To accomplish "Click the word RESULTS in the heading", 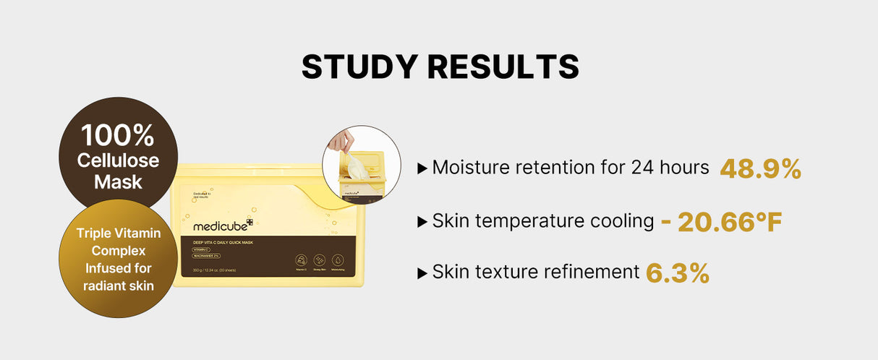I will [x=503, y=67].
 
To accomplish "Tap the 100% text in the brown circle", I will [x=117, y=136].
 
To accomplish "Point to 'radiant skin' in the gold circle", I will [x=118, y=286].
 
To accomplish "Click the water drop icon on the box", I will [x=337, y=260].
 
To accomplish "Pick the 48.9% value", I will [x=760, y=168].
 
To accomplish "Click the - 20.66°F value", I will [x=721, y=221].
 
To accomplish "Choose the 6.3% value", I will [x=677, y=273].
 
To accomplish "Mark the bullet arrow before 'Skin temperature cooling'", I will [x=422, y=222].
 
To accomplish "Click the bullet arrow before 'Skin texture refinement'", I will [x=422, y=273].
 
